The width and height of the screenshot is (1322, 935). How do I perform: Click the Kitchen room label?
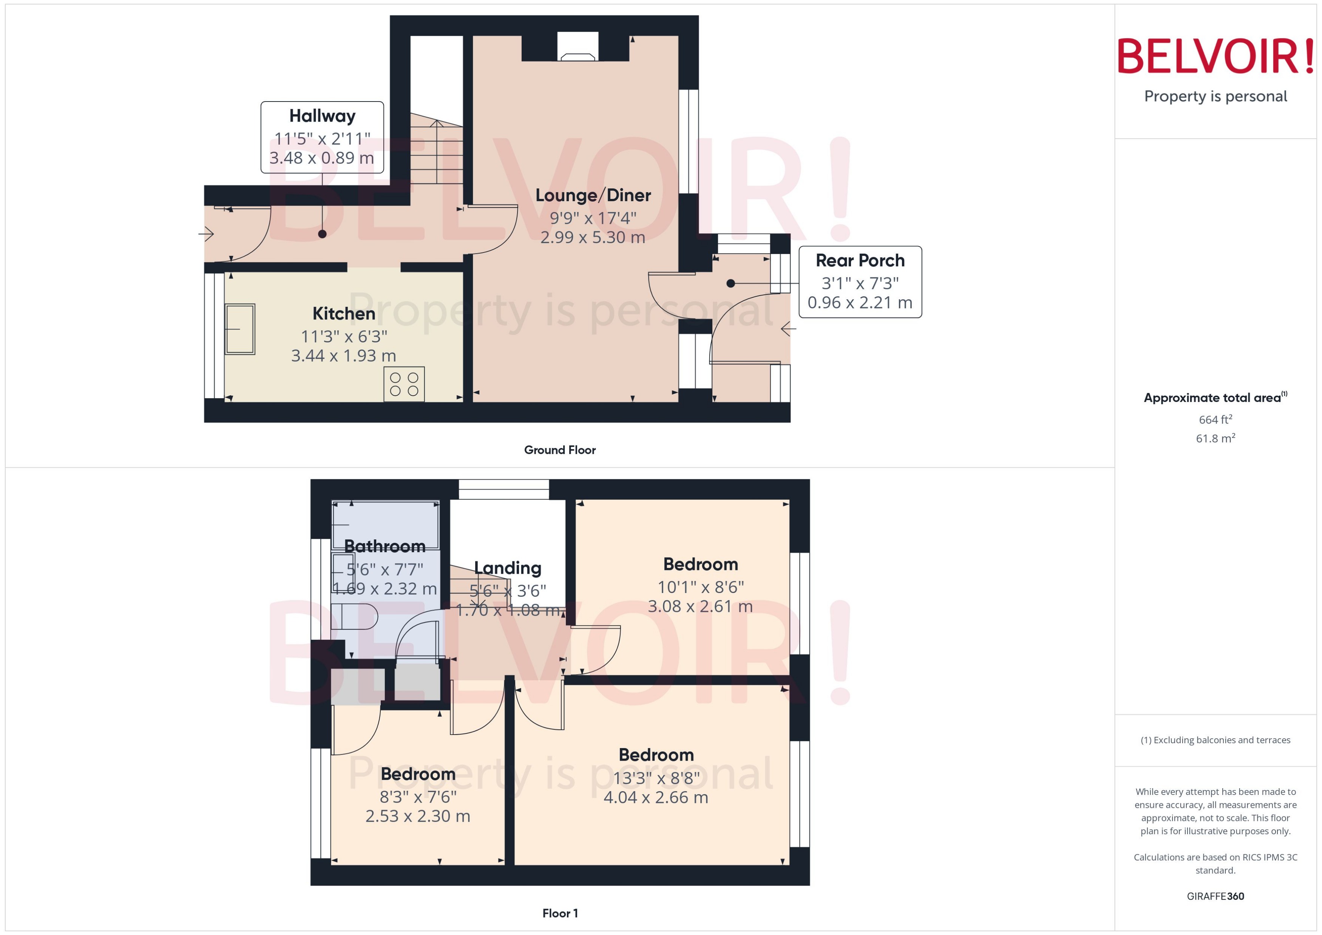pyautogui.click(x=343, y=314)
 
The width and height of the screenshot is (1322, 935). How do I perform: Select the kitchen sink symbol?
pyautogui.click(x=239, y=329)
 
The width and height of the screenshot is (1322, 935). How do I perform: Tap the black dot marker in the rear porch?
pyautogui.click(x=730, y=283)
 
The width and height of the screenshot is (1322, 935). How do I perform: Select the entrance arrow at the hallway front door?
pyautogui.click(x=206, y=234)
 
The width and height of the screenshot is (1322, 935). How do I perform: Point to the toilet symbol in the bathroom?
pyautogui.click(x=354, y=617)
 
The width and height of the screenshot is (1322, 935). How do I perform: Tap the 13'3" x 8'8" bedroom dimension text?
pyautogui.click(x=656, y=778)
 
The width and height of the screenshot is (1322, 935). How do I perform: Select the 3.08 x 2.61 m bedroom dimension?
pyautogui.click(x=700, y=606)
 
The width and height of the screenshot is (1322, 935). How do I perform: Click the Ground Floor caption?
pyautogui.click(x=559, y=450)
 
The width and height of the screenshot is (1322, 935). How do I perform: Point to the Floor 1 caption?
pyautogui.click(x=559, y=913)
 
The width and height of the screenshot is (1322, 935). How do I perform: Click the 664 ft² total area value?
pyautogui.click(x=1215, y=420)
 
